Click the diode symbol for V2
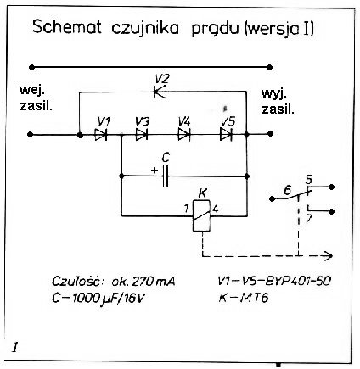click(160, 92)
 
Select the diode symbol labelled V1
click(101, 135)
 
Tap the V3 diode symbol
click(142, 135)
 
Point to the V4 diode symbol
click(184, 134)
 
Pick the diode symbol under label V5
click(226, 134)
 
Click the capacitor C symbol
click(166, 176)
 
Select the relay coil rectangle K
click(202, 215)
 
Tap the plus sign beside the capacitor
click(155, 171)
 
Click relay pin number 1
click(187, 209)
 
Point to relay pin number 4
click(216, 209)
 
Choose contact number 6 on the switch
click(287, 190)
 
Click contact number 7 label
click(309, 220)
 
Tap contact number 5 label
click(309, 180)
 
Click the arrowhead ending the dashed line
click(329, 256)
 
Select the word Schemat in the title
click(67, 27)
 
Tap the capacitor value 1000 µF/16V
click(109, 299)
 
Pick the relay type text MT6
click(254, 298)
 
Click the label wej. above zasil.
click(32, 91)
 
